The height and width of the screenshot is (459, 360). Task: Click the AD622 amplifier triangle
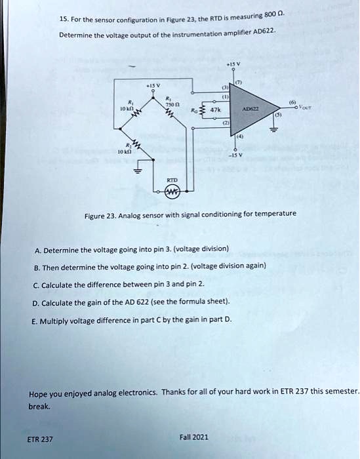coord(253,110)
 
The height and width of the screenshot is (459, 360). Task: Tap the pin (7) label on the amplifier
coord(239,81)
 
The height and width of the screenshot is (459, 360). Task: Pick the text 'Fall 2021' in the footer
coord(193,437)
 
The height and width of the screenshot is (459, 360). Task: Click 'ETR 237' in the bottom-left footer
coord(41,439)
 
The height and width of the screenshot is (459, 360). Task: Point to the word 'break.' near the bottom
coord(39,406)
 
